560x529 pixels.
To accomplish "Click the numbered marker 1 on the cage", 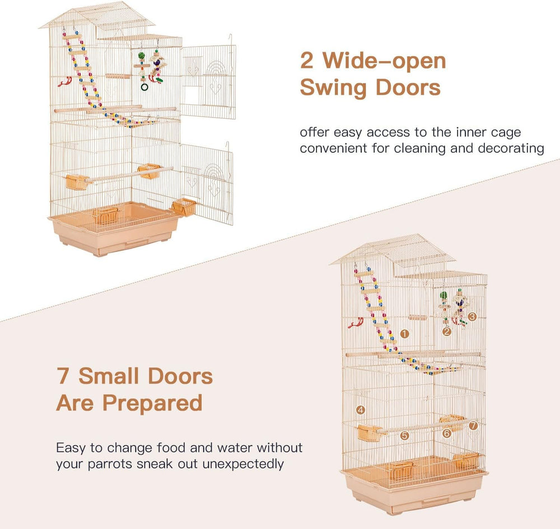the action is pos(404,334).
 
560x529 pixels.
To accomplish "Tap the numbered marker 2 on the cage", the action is pos(446,331).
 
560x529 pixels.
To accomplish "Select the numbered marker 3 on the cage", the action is pos(472,316).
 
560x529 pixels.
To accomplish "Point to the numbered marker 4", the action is pos(361,410).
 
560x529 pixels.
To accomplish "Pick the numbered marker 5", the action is pos(404,436).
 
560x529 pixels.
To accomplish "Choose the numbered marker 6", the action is pos(446,433).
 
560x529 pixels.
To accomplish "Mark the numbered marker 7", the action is pos(473,425).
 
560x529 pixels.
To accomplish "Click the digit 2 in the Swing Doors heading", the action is pos(306,60).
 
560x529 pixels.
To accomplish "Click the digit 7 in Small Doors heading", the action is pos(63,376).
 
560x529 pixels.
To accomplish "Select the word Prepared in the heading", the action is pos(152,404).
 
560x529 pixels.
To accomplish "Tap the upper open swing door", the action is pos(208,81).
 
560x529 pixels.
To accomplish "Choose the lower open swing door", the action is pos(207,183).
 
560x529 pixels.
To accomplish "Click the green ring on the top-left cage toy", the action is pos(144,87).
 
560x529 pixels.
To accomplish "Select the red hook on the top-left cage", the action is pos(65,82).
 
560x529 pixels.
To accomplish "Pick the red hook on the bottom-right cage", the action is pos(356,322).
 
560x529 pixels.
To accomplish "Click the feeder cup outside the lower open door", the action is pos(184,207).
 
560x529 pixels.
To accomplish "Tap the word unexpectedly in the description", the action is pos(243,465).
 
